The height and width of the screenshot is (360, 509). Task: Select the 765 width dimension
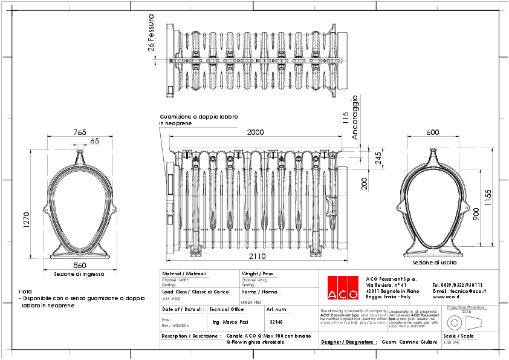[x=80, y=132]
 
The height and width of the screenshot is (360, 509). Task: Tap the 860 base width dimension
[x=80, y=265]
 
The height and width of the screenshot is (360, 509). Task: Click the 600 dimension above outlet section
[x=433, y=132]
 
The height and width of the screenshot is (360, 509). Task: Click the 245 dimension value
[x=378, y=159]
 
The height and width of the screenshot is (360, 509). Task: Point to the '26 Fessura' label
[x=152, y=34]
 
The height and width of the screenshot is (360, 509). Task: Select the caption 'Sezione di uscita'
[x=434, y=263]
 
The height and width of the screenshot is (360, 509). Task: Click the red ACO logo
[x=343, y=287]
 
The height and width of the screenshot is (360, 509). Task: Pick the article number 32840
[x=276, y=322]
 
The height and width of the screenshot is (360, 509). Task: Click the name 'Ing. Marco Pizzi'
[x=232, y=322]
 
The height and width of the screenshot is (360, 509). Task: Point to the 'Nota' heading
[x=25, y=292]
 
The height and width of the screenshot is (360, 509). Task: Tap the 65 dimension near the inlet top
[x=95, y=140]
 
